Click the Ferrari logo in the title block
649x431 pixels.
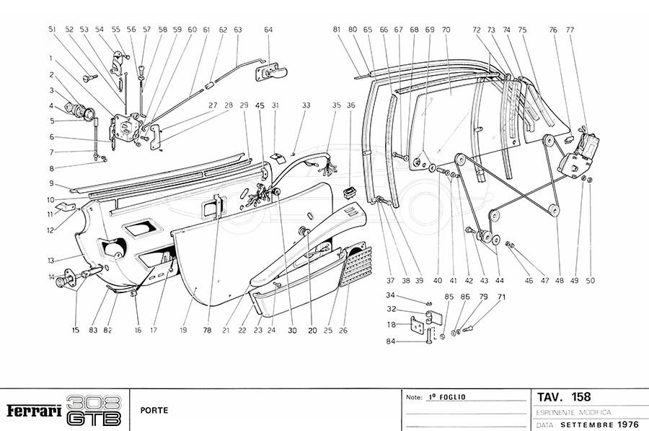[33, 411]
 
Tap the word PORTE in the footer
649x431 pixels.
[155, 410]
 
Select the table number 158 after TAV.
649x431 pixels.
[580, 396]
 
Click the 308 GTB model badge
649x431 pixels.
[94, 410]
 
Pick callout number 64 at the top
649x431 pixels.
[268, 30]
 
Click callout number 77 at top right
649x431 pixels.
[570, 30]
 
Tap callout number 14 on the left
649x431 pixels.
[51, 277]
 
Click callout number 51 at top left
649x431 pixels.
[52, 30]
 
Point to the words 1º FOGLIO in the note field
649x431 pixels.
[447, 396]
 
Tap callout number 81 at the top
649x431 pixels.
[337, 30]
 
